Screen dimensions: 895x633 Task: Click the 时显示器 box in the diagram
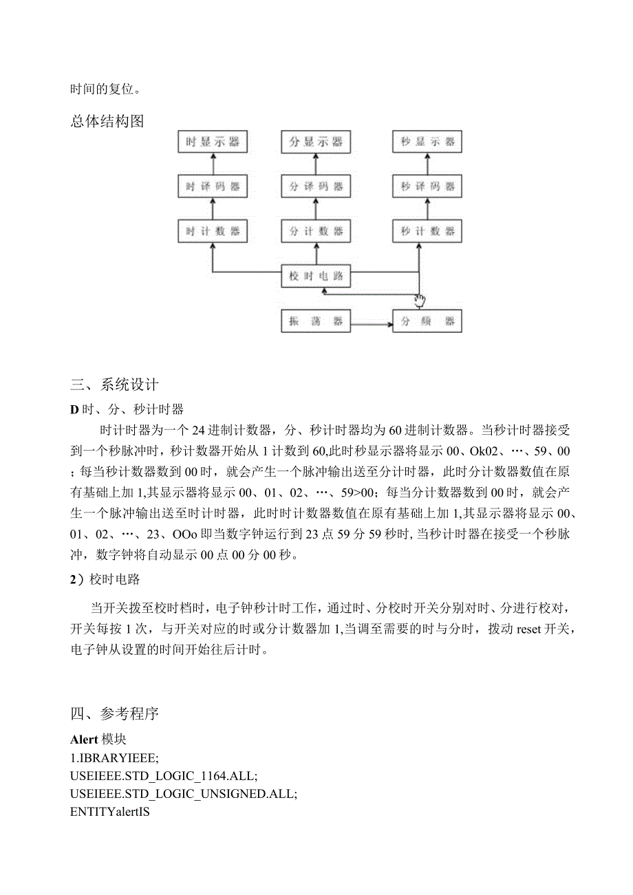tap(212, 142)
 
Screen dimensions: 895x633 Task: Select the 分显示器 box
tap(316, 142)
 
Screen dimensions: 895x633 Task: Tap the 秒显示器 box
tap(427, 142)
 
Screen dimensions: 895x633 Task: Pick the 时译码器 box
tap(212, 186)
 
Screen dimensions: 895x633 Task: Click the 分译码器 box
tap(316, 186)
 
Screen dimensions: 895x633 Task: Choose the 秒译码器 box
tap(427, 186)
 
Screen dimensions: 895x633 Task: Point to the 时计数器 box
tap(212, 231)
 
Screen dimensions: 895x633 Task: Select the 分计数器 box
tap(316, 231)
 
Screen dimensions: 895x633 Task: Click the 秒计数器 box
tap(427, 231)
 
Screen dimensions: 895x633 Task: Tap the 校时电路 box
tap(316, 277)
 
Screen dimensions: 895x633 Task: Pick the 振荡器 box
tap(316, 321)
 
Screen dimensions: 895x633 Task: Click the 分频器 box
tap(427, 321)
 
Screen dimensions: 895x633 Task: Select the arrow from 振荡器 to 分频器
tap(372, 321)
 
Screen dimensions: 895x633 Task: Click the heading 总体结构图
tap(107, 122)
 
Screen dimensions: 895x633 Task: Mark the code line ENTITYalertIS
tap(110, 811)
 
